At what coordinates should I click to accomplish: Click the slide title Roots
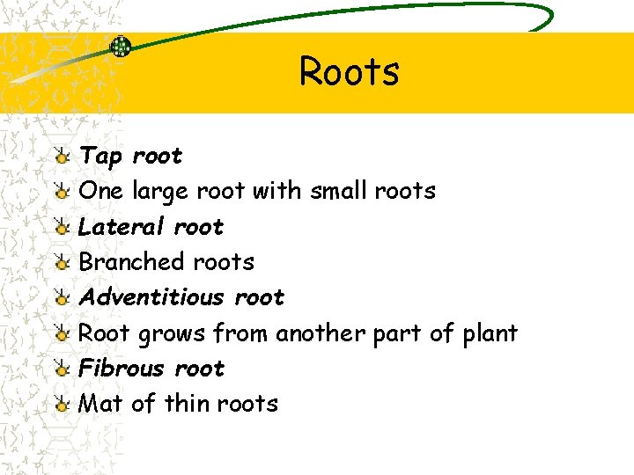tap(349, 71)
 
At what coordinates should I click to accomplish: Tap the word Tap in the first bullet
tap(101, 157)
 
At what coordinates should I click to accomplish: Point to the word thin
tap(186, 404)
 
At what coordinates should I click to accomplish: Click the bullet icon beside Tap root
tap(61, 157)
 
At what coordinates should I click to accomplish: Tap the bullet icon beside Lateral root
tap(61, 228)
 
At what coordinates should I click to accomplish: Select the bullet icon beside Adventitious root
tap(61, 298)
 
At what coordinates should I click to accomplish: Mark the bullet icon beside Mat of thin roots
tap(61, 405)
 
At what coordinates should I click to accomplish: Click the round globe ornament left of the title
tap(121, 47)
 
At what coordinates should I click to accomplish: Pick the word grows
tap(173, 334)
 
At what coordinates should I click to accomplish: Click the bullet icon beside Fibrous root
tap(61, 369)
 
